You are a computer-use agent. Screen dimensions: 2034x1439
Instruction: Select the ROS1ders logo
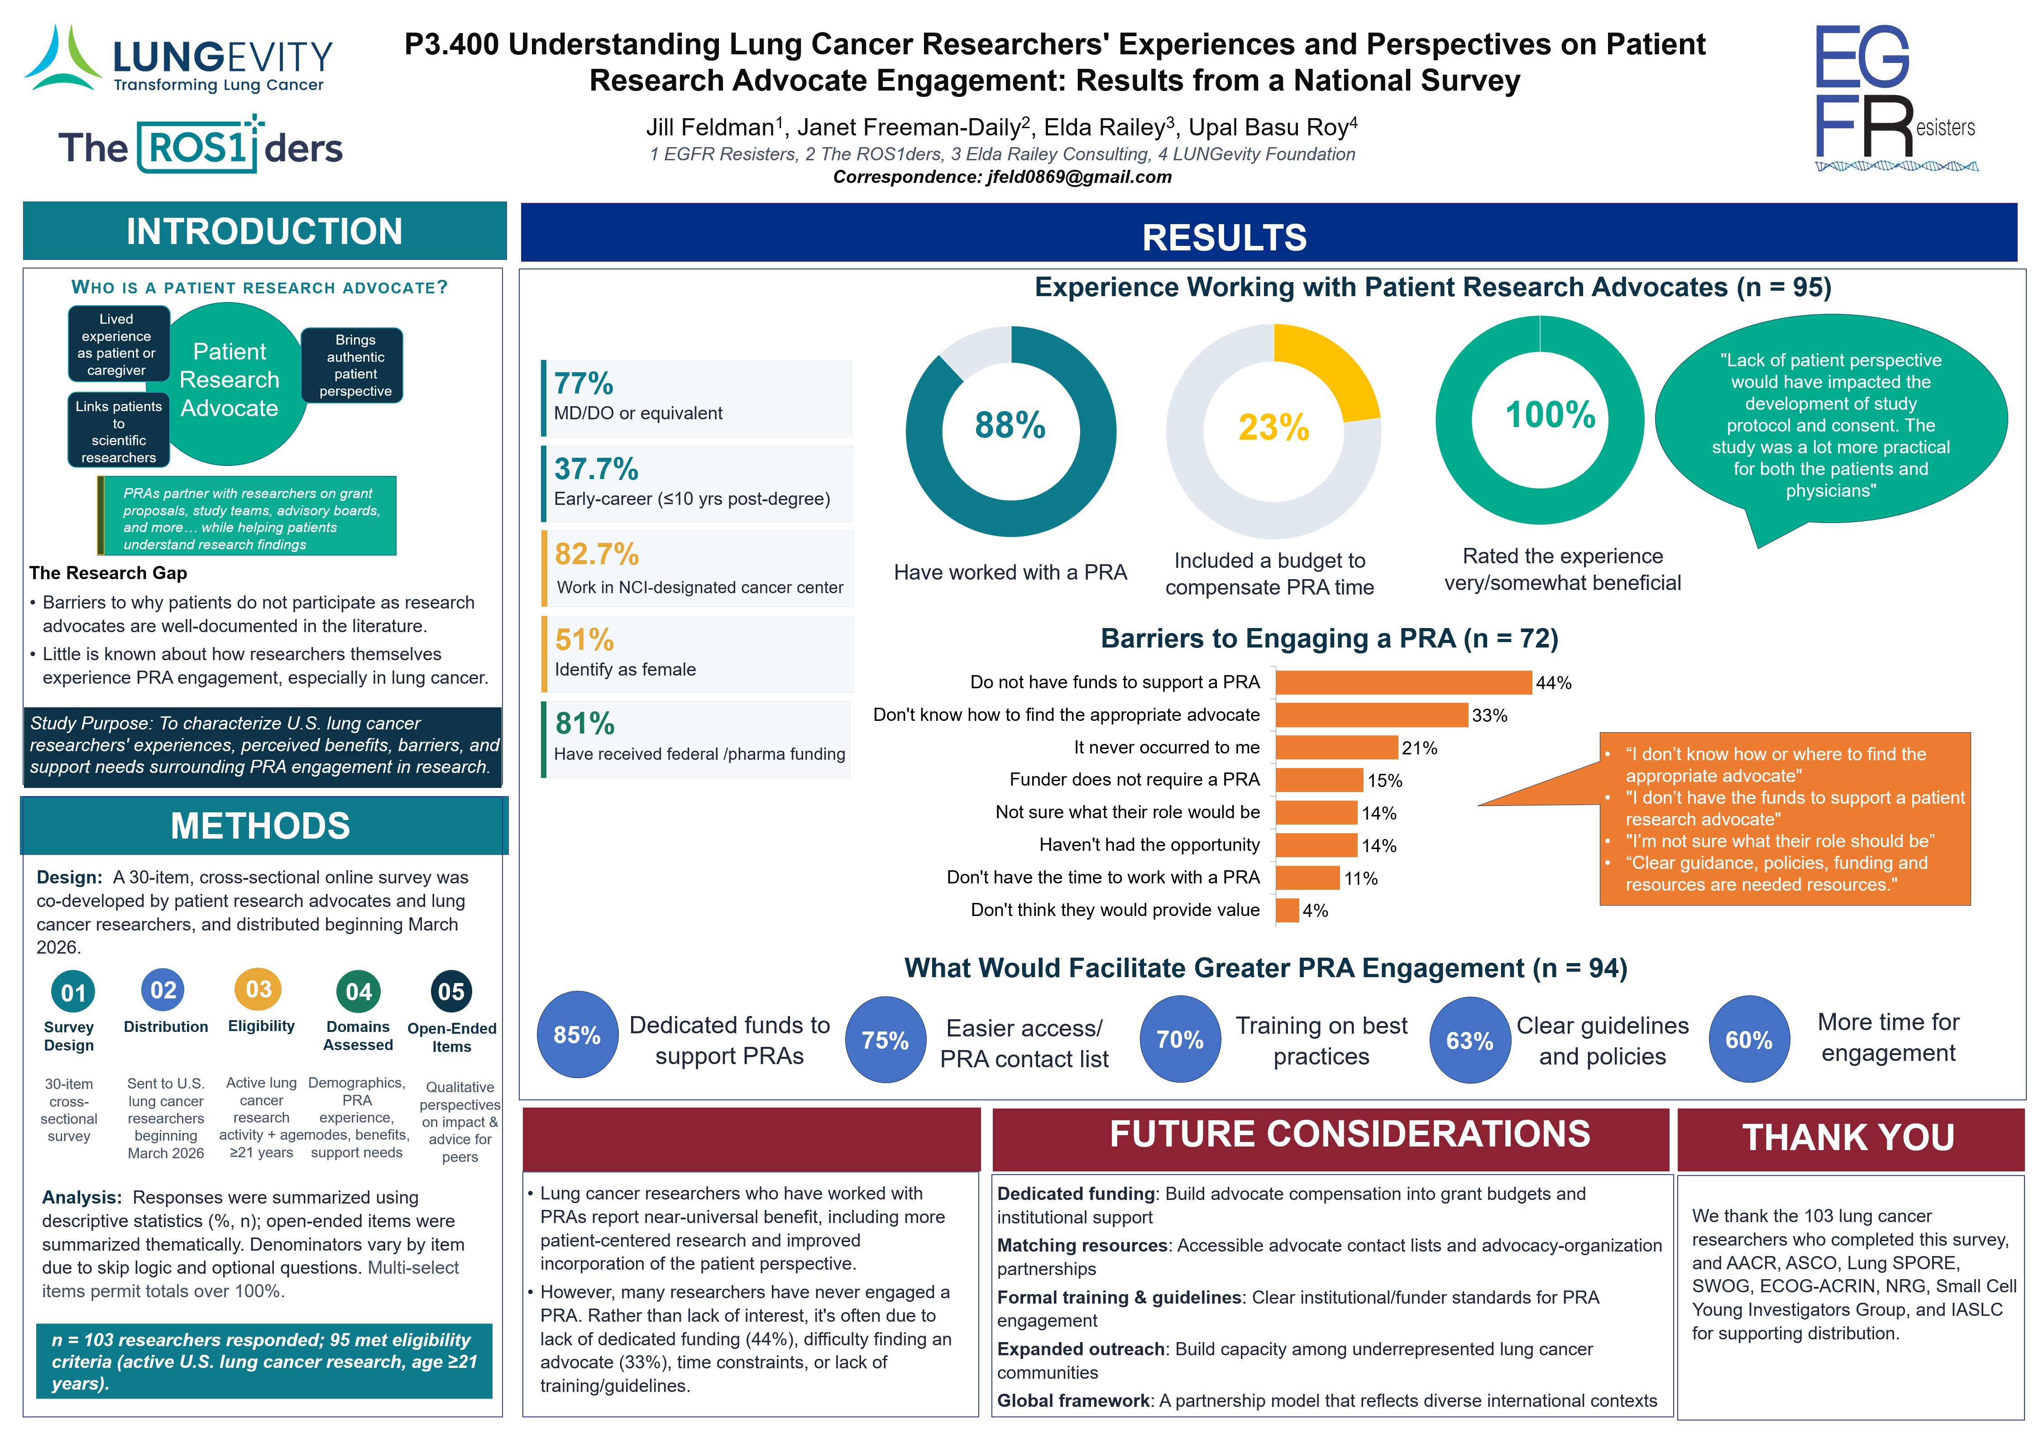[x=200, y=144]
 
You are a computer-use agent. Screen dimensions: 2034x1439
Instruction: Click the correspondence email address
[x=1079, y=177]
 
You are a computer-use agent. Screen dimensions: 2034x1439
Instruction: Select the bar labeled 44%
[x=1403, y=682]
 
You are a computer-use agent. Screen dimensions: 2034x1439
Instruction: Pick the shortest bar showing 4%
[x=1287, y=910]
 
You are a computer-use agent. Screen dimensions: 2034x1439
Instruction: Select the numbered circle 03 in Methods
[x=258, y=989]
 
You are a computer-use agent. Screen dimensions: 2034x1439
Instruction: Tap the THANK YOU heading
[x=1849, y=1138]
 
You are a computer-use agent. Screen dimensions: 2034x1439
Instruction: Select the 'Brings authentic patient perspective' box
[x=353, y=365]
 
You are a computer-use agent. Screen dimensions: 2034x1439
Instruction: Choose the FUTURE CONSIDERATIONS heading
[x=1350, y=1134]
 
